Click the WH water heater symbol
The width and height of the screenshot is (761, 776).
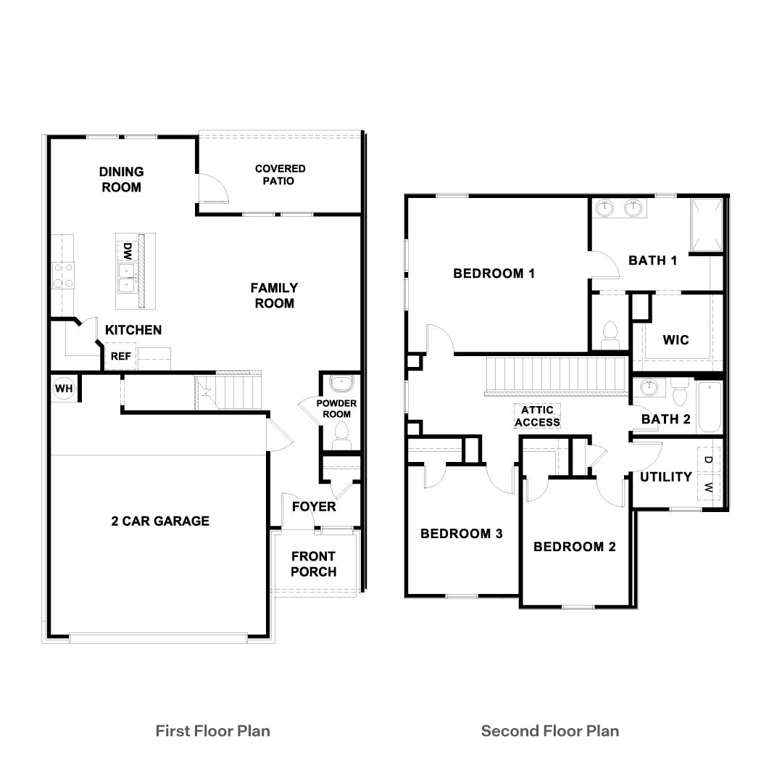[x=64, y=389]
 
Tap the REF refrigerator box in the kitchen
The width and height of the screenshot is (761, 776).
[x=120, y=356]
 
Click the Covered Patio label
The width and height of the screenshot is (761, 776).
[x=280, y=174]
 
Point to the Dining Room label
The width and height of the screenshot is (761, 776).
[x=121, y=179]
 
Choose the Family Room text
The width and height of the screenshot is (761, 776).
[x=274, y=295]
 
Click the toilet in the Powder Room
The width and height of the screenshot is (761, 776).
[x=340, y=436]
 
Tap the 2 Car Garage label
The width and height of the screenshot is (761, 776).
[x=160, y=521]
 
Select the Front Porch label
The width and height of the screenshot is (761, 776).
[x=313, y=564]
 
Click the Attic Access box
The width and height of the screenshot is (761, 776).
[x=537, y=416]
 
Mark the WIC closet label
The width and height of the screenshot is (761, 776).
[x=675, y=339]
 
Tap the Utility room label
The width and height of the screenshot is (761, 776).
[x=665, y=476]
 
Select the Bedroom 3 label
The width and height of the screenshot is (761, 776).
[x=462, y=534]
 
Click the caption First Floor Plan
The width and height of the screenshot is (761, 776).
[x=212, y=730]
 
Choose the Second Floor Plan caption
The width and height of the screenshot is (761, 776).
[x=550, y=730]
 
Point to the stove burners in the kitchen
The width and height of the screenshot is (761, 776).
[x=63, y=275]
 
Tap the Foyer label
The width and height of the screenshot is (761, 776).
[x=314, y=506]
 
